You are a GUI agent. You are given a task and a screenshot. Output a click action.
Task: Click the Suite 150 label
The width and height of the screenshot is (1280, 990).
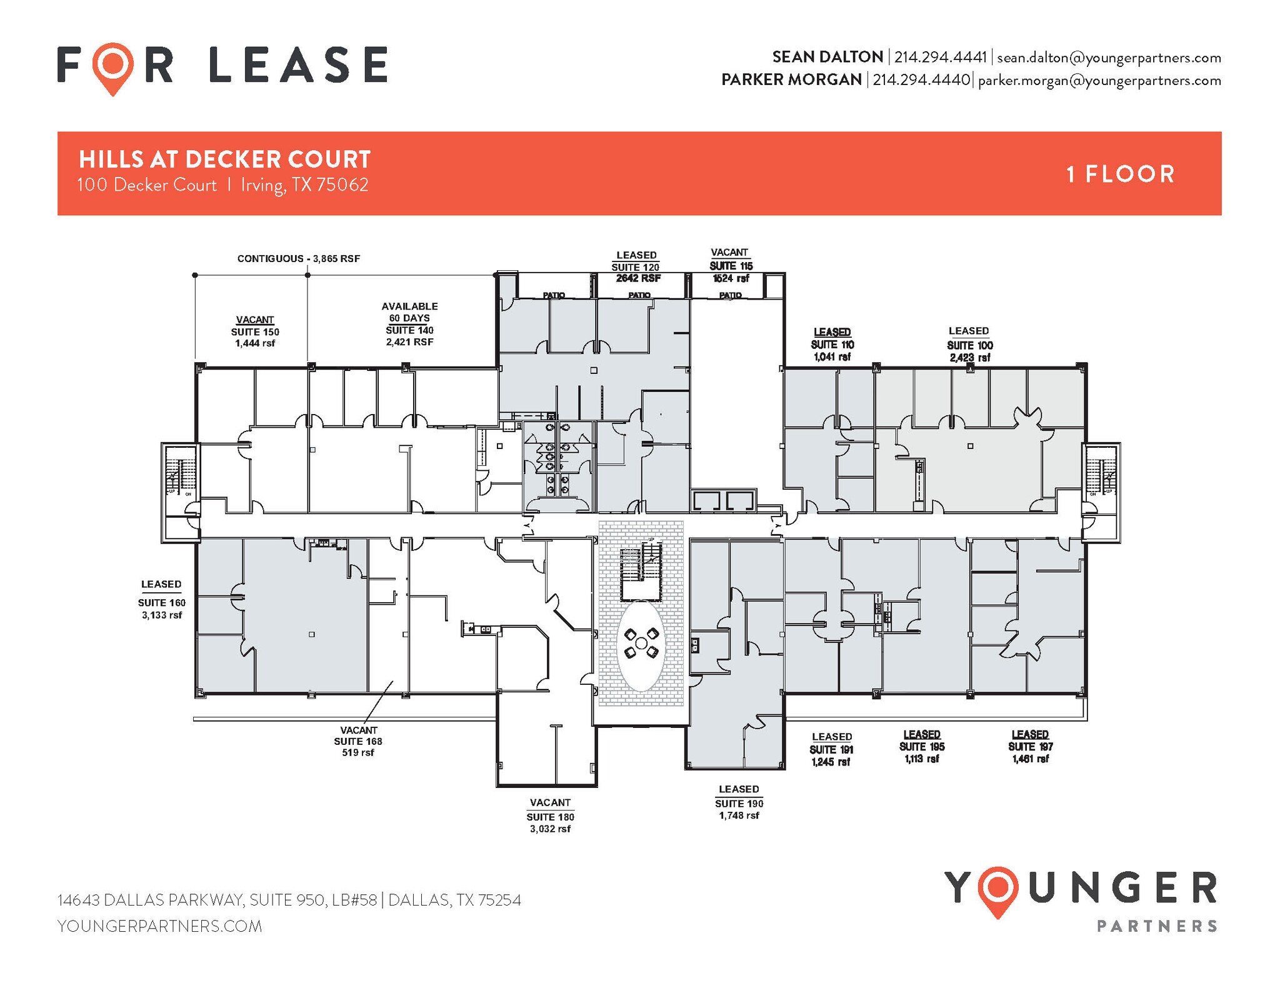pyautogui.click(x=255, y=332)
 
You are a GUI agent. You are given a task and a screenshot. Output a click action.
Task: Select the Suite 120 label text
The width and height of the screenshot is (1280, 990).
pyautogui.click(x=636, y=267)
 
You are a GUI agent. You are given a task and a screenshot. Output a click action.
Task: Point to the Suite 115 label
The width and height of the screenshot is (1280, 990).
pyautogui.click(x=731, y=266)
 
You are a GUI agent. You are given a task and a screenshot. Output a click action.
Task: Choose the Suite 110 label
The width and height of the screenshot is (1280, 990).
pyautogui.click(x=832, y=345)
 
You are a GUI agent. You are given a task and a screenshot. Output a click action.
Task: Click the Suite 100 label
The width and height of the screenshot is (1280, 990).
pyautogui.click(x=969, y=345)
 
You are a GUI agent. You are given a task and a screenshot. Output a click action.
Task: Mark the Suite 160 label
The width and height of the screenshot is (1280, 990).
pyautogui.click(x=162, y=603)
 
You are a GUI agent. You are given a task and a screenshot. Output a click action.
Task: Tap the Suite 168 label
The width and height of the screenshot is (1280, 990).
pyautogui.click(x=358, y=741)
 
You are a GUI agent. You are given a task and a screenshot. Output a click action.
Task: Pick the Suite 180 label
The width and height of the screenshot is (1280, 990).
pyautogui.click(x=550, y=817)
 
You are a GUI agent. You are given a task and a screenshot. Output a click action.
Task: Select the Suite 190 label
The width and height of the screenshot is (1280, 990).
pyautogui.click(x=739, y=804)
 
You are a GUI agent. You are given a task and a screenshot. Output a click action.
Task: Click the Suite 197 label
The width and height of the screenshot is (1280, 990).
pyautogui.click(x=1030, y=747)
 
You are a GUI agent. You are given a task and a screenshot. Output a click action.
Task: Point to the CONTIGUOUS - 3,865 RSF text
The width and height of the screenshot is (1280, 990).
pyautogui.click(x=298, y=259)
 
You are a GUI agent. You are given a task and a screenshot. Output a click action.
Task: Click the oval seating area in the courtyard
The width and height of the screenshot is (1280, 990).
pyautogui.click(x=641, y=645)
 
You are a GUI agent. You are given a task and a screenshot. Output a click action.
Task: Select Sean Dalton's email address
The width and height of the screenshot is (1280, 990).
pyautogui.click(x=1109, y=58)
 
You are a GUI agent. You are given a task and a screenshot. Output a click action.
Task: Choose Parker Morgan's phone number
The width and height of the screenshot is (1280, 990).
pyautogui.click(x=921, y=80)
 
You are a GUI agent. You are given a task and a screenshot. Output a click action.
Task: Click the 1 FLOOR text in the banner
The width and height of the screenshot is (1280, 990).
pyautogui.click(x=1120, y=174)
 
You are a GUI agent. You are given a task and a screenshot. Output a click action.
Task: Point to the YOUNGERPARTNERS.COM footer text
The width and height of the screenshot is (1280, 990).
pyautogui.click(x=159, y=926)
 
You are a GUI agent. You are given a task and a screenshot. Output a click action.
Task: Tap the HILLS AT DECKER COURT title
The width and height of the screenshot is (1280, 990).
pyautogui.click(x=225, y=159)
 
